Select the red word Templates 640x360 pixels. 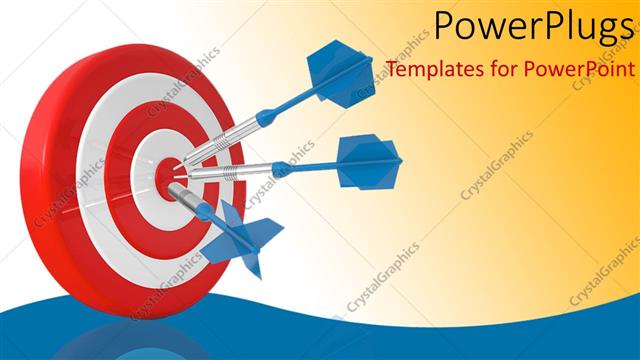[x=432, y=70]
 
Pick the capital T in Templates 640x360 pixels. [x=391, y=70]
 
